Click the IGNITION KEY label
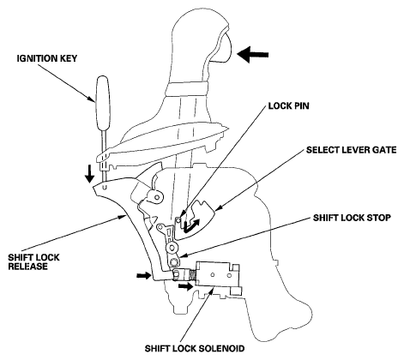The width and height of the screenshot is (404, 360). pyautogui.click(x=47, y=58)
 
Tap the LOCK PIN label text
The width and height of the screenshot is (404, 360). pyautogui.click(x=288, y=106)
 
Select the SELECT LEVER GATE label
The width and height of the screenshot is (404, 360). pyautogui.click(x=351, y=150)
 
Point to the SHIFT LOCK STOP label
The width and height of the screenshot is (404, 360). pyautogui.click(x=352, y=218)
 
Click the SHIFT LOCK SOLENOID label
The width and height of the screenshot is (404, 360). pyautogui.click(x=195, y=349)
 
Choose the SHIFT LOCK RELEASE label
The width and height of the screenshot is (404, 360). pyautogui.click(x=33, y=261)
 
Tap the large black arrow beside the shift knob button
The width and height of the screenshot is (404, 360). pyautogui.click(x=253, y=55)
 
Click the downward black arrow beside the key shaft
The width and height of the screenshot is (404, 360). pyautogui.click(x=90, y=173)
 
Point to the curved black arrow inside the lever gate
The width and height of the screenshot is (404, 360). pyautogui.click(x=191, y=225)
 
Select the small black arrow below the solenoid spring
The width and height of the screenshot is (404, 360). pyautogui.click(x=185, y=286)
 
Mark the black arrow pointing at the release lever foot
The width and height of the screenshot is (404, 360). pyautogui.click(x=143, y=275)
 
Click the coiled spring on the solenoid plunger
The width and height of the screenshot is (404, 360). pyautogui.click(x=192, y=275)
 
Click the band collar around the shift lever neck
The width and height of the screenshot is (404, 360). pyautogui.click(x=188, y=89)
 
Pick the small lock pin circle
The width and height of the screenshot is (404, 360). pyautogui.click(x=178, y=219)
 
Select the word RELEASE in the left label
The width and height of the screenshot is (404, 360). pyautogui.click(x=27, y=267)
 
